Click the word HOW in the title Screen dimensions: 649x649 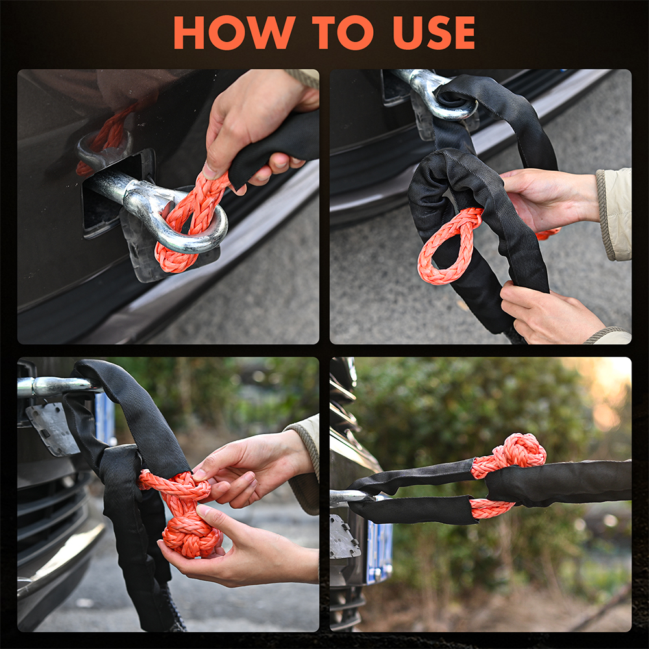click(234, 32)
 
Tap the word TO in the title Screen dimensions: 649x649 click(343, 32)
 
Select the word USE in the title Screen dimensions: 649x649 click(434, 32)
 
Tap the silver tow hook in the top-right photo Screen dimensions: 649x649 click(437, 93)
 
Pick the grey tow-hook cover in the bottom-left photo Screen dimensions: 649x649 click(52, 429)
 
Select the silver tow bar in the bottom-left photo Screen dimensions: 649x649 click(58, 386)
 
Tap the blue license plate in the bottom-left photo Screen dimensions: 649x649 click(103, 418)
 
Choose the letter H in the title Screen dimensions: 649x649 click(189, 32)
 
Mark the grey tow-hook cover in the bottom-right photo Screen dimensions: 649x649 click(343, 536)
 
